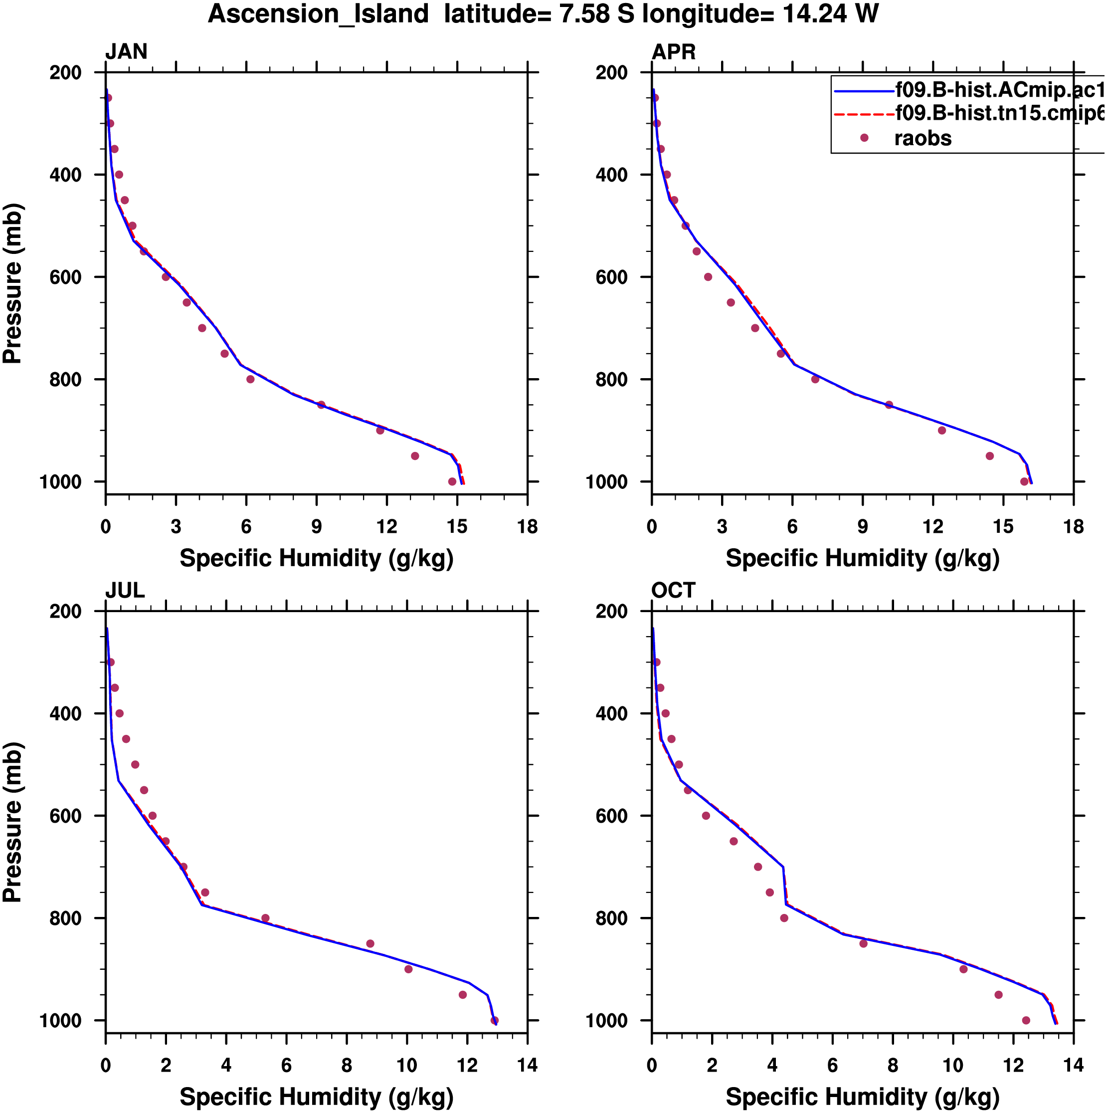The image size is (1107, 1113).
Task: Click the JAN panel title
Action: click(x=126, y=52)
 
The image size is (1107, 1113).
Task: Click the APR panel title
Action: click(x=673, y=52)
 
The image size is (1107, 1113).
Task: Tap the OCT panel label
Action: click(x=673, y=591)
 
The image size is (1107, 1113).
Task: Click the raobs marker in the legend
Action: click(x=864, y=138)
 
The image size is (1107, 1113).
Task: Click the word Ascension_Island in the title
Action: click(x=319, y=14)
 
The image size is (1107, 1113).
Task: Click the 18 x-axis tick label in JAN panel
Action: click(x=528, y=526)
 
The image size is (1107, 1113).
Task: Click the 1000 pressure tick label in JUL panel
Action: click(x=60, y=1021)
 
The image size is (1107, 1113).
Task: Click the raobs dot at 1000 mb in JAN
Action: click(x=452, y=481)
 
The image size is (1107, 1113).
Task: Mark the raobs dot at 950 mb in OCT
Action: click(x=999, y=995)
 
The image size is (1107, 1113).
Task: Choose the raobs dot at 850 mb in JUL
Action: click(x=370, y=944)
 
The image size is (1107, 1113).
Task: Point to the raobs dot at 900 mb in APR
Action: click(x=942, y=431)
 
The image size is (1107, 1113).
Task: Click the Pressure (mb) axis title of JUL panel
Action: click(x=12, y=822)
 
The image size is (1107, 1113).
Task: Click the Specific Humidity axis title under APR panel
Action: click(x=862, y=558)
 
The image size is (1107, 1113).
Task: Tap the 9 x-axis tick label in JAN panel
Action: click(x=316, y=526)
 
